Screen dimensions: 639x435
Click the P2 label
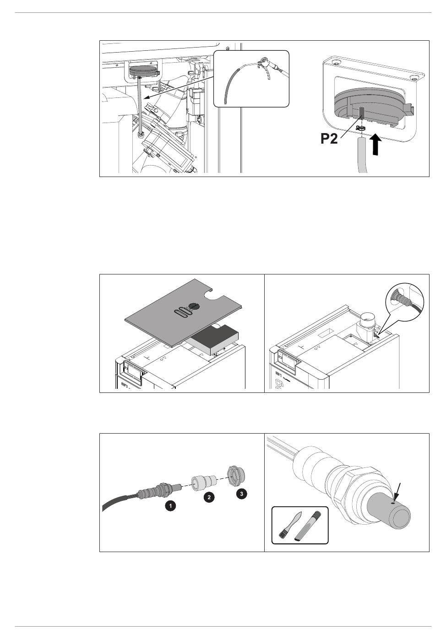(x=329, y=139)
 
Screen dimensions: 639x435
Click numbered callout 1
(x=170, y=507)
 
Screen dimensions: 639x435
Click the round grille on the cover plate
(x=194, y=306)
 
